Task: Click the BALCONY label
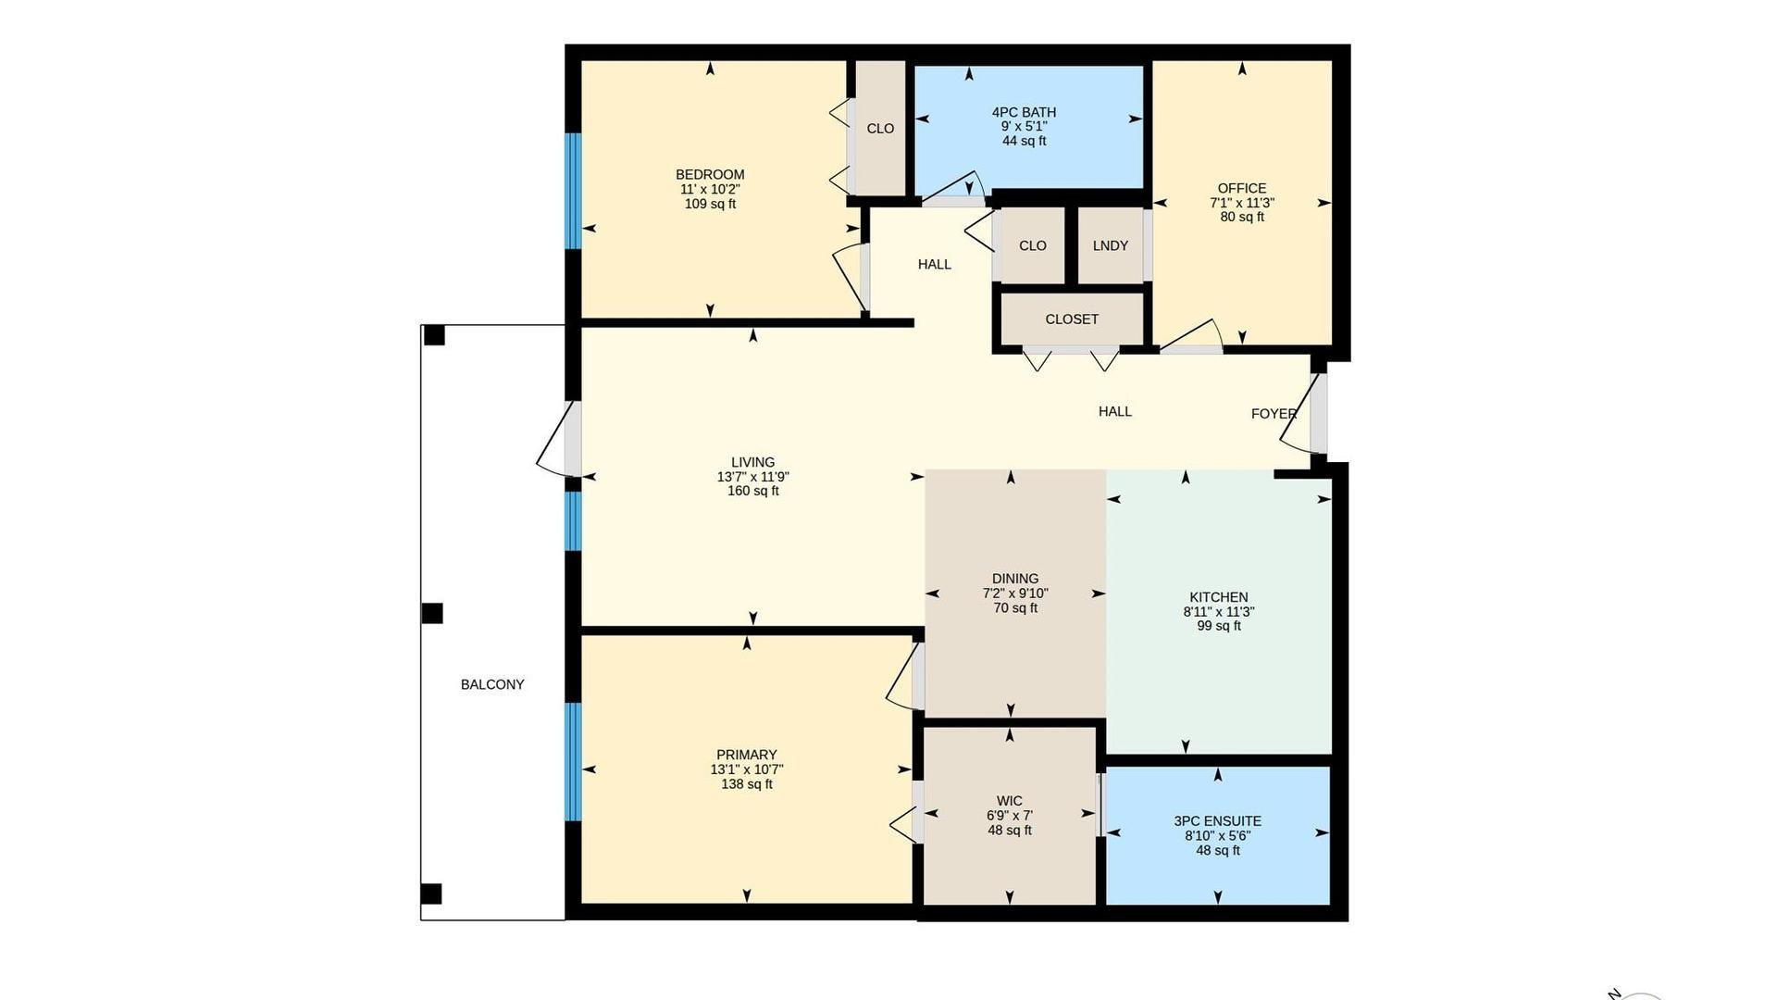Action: pyautogui.click(x=492, y=684)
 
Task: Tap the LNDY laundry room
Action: pyautogui.click(x=1110, y=245)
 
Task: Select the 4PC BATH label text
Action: pyautogui.click(x=1024, y=112)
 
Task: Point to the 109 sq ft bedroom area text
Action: pyautogui.click(x=710, y=204)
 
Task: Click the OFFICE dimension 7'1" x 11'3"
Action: pyautogui.click(x=1242, y=203)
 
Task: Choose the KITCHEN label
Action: pyautogui.click(x=1219, y=597)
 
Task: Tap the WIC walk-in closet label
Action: pyautogui.click(x=1010, y=801)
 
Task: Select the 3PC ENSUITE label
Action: pyautogui.click(x=1218, y=821)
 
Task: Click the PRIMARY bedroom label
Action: pyautogui.click(x=747, y=755)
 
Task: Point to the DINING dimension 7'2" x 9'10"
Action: pyautogui.click(x=1015, y=594)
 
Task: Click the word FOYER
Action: pyautogui.click(x=1274, y=414)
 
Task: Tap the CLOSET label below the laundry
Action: pyautogui.click(x=1072, y=319)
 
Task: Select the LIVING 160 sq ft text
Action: pyautogui.click(x=753, y=491)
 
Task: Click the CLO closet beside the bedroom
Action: pyautogui.click(x=880, y=129)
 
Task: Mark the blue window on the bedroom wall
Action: pyautogui.click(x=574, y=191)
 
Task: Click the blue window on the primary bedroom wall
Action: pyautogui.click(x=574, y=762)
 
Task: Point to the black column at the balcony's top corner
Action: pyautogui.click(x=433, y=335)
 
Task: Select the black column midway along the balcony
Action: pyautogui.click(x=431, y=613)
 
